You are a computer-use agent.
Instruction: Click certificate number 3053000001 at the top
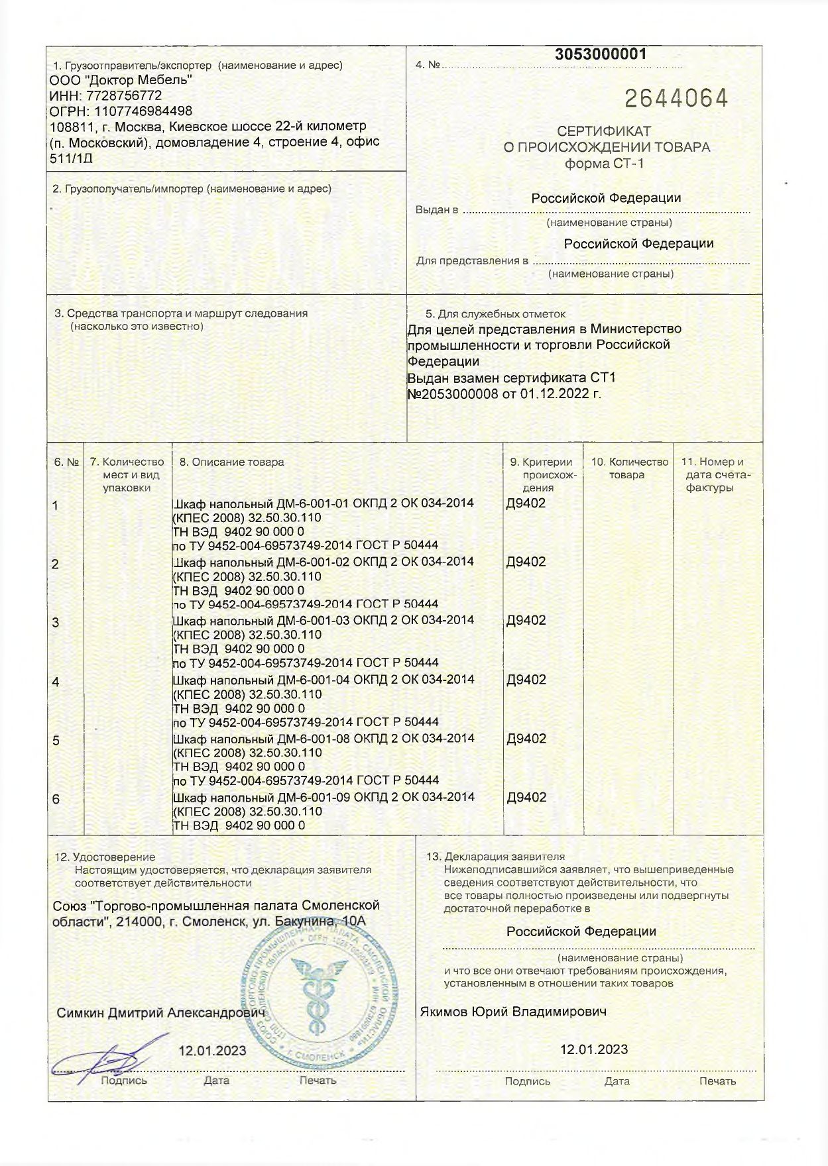(x=600, y=54)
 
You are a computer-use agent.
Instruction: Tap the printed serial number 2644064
(x=676, y=99)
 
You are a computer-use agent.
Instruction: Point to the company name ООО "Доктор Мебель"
(x=121, y=80)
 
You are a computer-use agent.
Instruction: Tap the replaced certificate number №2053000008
(x=457, y=394)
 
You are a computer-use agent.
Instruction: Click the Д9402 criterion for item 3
(x=526, y=620)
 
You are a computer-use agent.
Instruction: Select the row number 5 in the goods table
(x=56, y=741)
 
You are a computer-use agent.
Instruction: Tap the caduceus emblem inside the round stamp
(x=316, y=991)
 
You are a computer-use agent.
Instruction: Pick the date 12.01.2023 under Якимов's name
(x=594, y=1049)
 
